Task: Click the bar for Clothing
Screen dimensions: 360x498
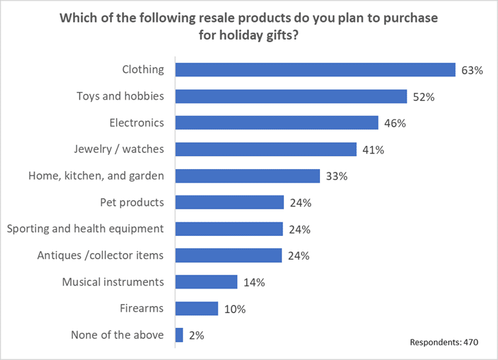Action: (x=315, y=70)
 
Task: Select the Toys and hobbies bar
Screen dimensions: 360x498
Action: (x=291, y=96)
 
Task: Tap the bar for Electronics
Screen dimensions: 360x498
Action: (x=277, y=123)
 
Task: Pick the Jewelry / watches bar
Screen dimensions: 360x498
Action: (x=266, y=149)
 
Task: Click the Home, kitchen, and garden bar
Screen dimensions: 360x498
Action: (x=248, y=176)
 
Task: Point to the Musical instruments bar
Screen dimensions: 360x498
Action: (x=206, y=282)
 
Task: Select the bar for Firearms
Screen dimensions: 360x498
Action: (x=196, y=308)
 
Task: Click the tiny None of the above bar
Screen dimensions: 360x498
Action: (x=179, y=335)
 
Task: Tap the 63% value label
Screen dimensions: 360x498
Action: (x=472, y=70)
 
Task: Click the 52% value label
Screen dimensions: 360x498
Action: (x=424, y=97)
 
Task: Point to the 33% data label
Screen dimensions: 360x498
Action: (x=336, y=177)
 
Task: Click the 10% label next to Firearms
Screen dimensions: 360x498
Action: (x=234, y=309)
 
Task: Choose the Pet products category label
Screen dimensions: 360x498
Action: (x=132, y=202)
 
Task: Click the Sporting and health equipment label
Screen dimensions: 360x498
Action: (x=85, y=228)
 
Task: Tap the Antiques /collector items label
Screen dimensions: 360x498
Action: (x=100, y=255)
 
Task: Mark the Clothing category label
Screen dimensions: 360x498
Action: (x=143, y=69)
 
